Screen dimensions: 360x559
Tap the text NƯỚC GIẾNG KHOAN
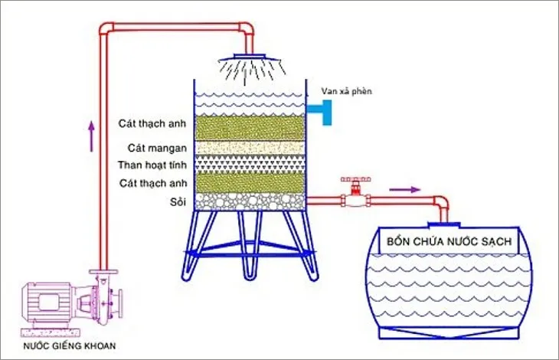pos(70,345)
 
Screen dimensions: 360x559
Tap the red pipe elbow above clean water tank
pos(443,205)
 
